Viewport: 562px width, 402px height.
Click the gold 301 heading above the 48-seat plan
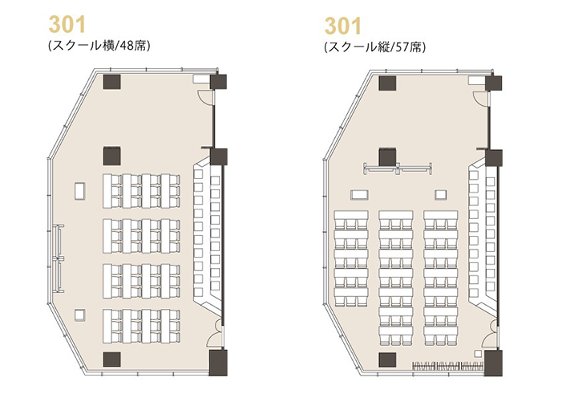[x=67, y=25]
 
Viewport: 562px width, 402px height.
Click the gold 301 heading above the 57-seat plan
[x=343, y=26]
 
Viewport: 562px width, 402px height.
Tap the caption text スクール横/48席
[x=99, y=46]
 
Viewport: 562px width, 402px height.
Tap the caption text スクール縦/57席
[x=375, y=47]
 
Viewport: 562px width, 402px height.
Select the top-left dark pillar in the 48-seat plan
[x=111, y=82]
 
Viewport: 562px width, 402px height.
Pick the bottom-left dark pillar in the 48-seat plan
[x=111, y=359]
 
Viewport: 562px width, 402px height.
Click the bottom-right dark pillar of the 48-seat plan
[x=218, y=363]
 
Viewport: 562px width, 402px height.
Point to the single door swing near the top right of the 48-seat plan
[x=204, y=95]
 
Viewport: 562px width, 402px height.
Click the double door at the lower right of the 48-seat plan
[x=216, y=334]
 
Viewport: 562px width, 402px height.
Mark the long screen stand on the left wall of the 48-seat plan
[x=59, y=258]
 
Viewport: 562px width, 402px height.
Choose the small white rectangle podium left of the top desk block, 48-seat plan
[x=80, y=191]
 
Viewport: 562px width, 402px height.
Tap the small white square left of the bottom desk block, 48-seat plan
[x=79, y=315]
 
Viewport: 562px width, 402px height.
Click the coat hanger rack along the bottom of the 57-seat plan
[x=447, y=367]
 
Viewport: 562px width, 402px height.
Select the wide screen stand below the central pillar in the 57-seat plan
[x=398, y=169]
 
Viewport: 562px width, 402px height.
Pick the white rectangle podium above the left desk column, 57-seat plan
[x=359, y=195]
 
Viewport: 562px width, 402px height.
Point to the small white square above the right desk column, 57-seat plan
[x=441, y=195]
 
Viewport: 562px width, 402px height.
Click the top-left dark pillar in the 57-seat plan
[x=387, y=83]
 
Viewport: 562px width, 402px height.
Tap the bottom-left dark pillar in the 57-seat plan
[x=387, y=360]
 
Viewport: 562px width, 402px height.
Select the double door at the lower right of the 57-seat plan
[x=491, y=335]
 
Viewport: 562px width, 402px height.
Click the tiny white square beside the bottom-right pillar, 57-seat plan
[x=477, y=354]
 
